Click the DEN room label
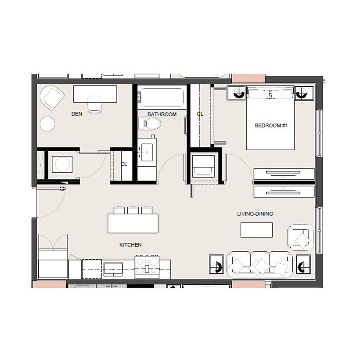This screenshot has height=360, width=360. [x=77, y=114]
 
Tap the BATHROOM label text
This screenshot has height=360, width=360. [x=162, y=114]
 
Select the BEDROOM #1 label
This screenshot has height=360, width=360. [x=271, y=126]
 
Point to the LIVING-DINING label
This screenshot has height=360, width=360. [x=255, y=214]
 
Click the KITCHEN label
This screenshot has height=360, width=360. [x=130, y=245]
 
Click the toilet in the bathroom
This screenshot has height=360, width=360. [x=150, y=124]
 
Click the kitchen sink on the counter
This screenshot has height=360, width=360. [x=113, y=269]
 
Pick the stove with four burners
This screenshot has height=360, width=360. [x=147, y=267]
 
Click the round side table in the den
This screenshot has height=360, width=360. [x=48, y=124]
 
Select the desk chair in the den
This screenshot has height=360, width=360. [x=94, y=105]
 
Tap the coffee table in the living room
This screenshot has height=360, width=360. [x=257, y=230]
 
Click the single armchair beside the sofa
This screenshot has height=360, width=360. [x=301, y=237]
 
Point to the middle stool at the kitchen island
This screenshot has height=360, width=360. [x=132, y=210]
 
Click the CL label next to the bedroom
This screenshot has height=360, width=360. [x=200, y=114]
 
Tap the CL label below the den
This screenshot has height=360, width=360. [x=124, y=164]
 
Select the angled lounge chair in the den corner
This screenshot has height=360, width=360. [x=52, y=98]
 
